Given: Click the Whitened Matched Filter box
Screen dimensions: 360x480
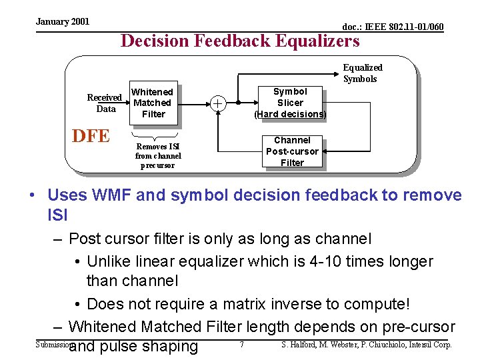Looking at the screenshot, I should point(153,103).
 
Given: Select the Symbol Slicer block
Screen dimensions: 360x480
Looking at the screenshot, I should point(290,103).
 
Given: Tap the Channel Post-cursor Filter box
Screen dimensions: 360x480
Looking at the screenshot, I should point(292,151).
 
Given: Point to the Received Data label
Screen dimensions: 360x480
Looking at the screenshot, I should point(105,103).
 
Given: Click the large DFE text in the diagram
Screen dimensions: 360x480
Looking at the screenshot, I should point(91,136).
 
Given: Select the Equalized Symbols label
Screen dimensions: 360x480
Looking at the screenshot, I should point(362,73).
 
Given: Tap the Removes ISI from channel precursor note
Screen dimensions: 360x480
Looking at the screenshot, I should point(158,155).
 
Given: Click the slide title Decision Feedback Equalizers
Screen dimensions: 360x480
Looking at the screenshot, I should point(239,41).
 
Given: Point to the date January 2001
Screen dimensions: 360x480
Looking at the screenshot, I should point(63,22).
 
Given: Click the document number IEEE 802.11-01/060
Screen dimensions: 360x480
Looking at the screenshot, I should point(393,27).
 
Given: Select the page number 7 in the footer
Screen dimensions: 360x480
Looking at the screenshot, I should point(241,345).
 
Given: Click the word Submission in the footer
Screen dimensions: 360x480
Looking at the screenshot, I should point(52,345).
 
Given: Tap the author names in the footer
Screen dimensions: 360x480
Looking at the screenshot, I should point(367,345).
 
